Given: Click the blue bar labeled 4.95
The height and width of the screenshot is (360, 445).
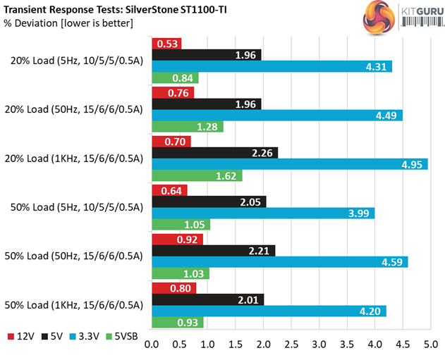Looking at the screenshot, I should (290, 164).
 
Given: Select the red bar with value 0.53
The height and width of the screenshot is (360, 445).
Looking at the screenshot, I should (166, 44).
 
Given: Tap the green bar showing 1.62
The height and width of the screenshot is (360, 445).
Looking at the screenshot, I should (197, 176).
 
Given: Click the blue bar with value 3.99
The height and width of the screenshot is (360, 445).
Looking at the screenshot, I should (263, 213).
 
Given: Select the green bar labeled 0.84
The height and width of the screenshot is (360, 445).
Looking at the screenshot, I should (175, 78).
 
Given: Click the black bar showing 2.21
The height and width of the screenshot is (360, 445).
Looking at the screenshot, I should (214, 250).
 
